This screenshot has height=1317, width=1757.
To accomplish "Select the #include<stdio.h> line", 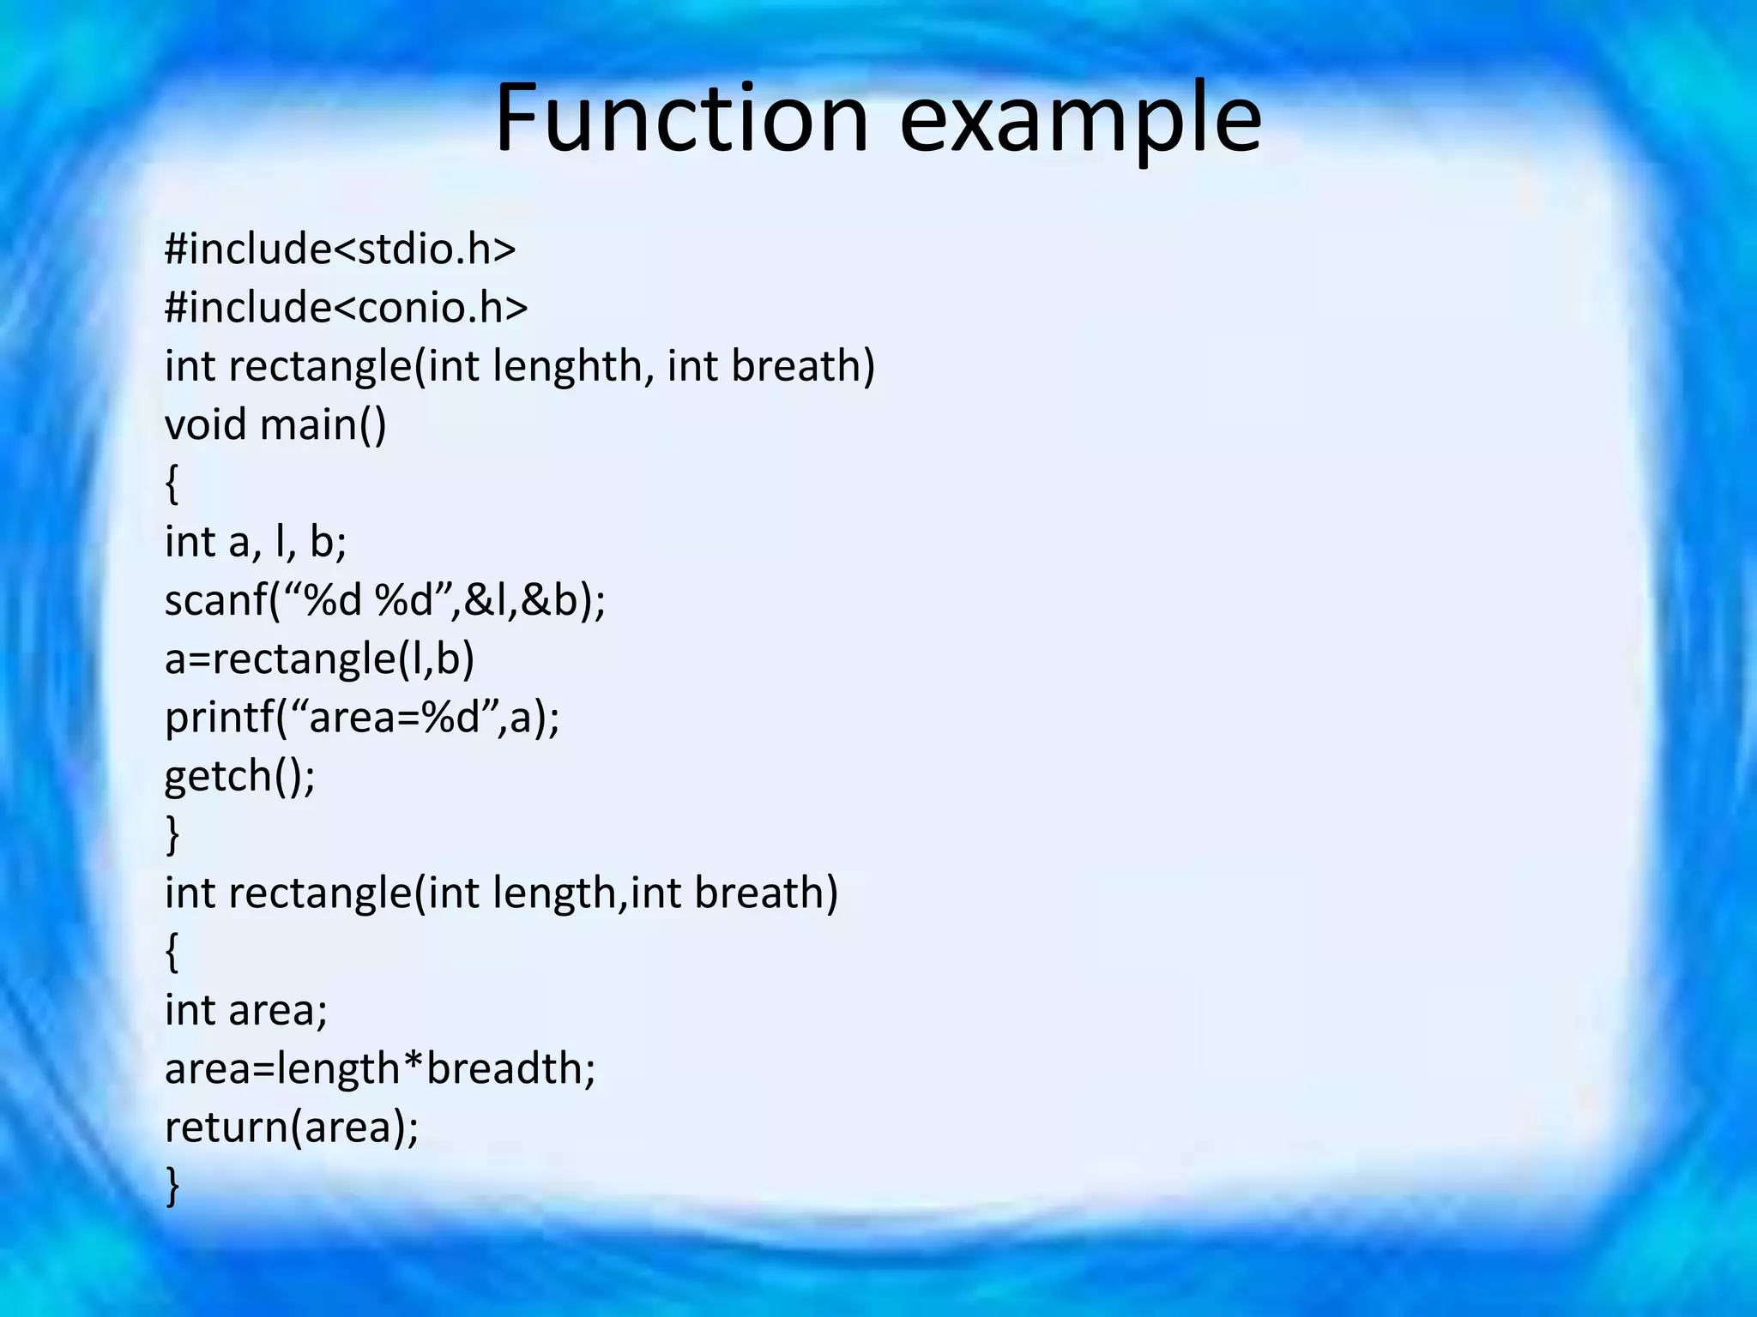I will point(340,250).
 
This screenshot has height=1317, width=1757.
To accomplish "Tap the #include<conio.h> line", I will point(346,308).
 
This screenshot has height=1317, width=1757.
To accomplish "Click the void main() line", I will point(275,425).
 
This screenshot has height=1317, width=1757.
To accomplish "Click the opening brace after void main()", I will point(172,484).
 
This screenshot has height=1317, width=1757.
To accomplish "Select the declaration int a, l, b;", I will point(255,543).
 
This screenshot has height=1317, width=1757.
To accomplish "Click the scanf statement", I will point(384,600).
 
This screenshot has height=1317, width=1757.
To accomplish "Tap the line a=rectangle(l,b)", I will point(319,659).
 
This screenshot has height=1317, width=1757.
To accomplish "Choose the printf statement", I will point(361,718).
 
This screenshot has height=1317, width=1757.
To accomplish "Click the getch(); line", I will point(239,777).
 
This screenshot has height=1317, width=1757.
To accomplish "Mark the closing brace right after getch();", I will point(172,835).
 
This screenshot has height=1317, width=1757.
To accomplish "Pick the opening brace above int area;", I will point(172,953).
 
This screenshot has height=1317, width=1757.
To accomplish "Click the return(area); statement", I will point(292,1128).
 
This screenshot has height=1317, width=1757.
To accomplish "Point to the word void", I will point(205,425).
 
